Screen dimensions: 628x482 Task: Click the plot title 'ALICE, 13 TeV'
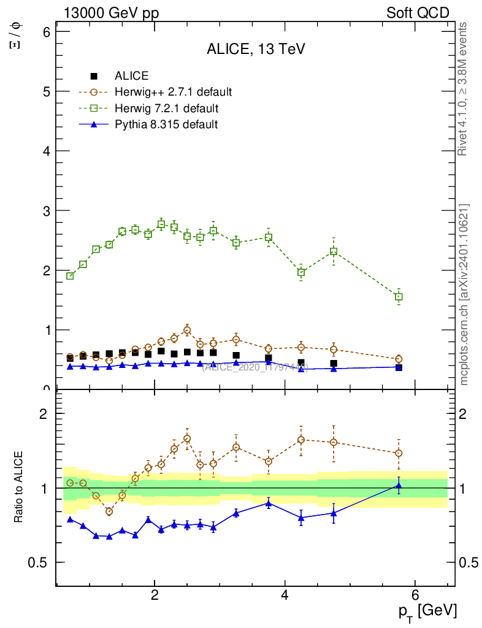[256, 50]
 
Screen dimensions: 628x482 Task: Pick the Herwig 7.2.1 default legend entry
[166, 109]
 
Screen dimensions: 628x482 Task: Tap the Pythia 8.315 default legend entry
[166, 124]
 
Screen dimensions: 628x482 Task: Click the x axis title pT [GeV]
[427, 611]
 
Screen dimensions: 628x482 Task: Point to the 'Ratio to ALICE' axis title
[19, 488]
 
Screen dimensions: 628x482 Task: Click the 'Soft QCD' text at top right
[418, 13]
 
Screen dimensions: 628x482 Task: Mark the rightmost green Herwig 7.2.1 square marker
[399, 297]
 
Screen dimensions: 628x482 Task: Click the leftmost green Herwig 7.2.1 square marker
[70, 276]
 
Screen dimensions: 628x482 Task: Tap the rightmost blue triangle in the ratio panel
[399, 486]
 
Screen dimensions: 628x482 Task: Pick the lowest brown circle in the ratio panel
[109, 511]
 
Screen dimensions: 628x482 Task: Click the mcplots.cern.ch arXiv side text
[464, 294]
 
